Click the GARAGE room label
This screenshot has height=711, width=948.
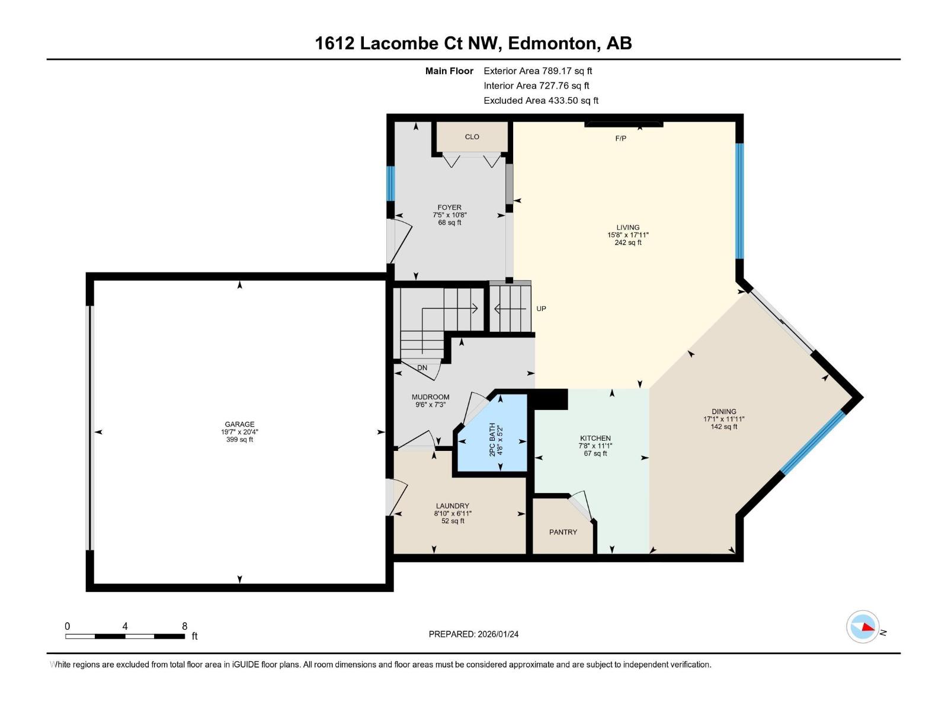[x=239, y=424]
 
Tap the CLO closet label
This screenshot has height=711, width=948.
[x=472, y=137]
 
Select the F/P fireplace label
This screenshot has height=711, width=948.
[x=620, y=139]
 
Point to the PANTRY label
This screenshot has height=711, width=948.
[x=563, y=532]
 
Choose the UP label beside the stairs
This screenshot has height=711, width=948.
[x=541, y=309]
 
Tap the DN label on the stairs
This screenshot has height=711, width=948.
[x=422, y=368]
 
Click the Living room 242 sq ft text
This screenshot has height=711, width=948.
[x=627, y=243]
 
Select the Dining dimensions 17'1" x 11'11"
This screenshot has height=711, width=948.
[x=724, y=419]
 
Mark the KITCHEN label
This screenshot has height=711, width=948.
[x=595, y=438]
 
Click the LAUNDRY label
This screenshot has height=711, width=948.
[x=452, y=506]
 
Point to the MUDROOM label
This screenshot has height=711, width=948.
[x=430, y=397]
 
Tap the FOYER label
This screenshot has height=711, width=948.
[x=450, y=207]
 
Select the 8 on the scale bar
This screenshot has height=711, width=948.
[x=185, y=626]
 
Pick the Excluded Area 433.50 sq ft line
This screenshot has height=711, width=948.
[x=540, y=101]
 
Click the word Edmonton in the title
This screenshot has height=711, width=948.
[x=552, y=43]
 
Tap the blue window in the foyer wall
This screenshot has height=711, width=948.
[x=390, y=184]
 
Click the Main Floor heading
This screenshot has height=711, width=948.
[x=449, y=71]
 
